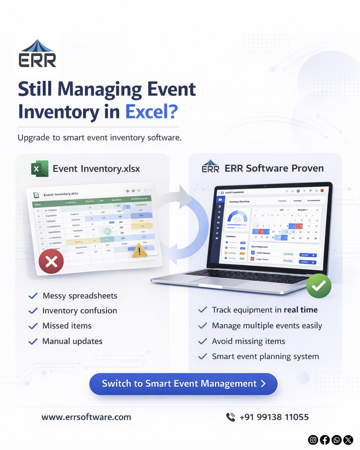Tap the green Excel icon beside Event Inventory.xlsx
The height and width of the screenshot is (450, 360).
[39, 168]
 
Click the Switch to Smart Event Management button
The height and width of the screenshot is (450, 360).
[183, 384]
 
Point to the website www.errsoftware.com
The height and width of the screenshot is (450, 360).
[86, 417]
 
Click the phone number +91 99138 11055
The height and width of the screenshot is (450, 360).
[274, 417]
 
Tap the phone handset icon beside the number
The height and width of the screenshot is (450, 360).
[230, 417]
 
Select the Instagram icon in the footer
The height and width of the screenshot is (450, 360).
[313, 439]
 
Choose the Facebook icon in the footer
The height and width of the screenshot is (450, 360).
[325, 439]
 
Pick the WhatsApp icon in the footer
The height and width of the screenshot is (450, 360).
[337, 439]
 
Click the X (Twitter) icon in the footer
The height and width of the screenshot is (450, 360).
[348, 439]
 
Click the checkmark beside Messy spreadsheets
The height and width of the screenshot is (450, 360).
[33, 296]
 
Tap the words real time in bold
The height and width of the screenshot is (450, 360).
[300, 310]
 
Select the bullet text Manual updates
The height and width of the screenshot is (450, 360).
[72, 341]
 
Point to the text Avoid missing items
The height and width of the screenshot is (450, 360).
[248, 341]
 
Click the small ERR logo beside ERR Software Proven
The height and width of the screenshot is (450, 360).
[210, 167]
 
